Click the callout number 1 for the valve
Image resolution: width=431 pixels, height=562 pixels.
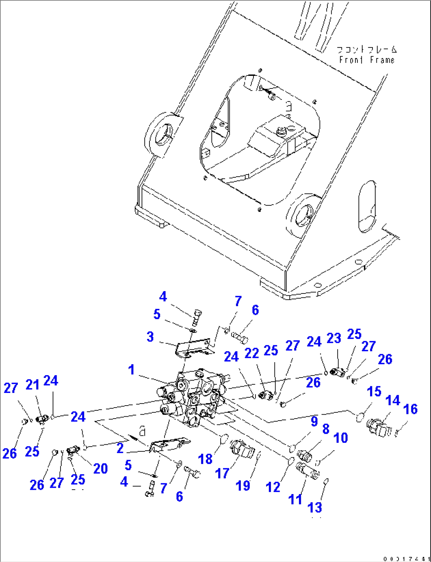point(131,370)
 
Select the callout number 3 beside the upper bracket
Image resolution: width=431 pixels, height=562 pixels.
point(150,337)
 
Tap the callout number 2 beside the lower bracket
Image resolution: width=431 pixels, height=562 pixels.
point(120,448)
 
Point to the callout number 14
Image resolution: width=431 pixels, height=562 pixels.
point(393,400)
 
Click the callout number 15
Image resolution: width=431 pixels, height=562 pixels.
point(374,391)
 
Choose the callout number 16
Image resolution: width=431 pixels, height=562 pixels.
point(411,409)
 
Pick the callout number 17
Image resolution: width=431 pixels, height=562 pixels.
point(222,473)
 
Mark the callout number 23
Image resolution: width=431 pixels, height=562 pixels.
point(334,338)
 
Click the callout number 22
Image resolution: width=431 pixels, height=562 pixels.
point(251,353)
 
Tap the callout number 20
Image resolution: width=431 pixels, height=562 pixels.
point(100,468)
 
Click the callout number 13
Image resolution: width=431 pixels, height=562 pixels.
point(315,507)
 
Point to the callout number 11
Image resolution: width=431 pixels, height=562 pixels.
point(295,499)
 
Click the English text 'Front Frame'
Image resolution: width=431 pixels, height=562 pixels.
point(367,60)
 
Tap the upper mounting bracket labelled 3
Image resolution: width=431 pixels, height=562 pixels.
point(193,347)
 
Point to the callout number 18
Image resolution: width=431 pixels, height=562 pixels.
point(205,459)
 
